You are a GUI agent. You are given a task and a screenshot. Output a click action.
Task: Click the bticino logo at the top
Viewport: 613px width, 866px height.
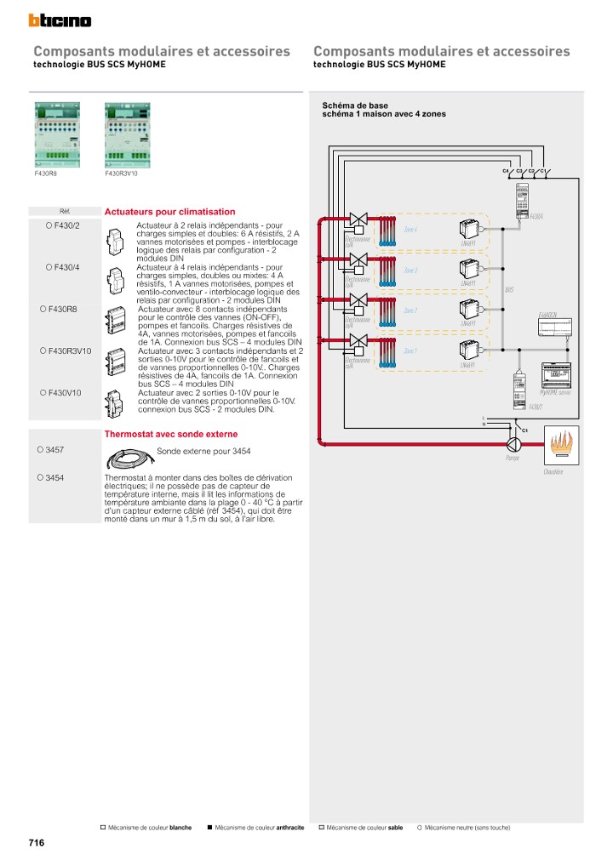click(60, 20)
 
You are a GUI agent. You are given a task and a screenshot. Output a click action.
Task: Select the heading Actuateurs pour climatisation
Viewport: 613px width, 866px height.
click(169, 212)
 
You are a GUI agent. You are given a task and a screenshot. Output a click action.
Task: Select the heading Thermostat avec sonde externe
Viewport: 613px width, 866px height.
click(171, 434)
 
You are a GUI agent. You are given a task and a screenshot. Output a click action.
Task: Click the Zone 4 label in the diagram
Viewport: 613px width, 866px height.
click(410, 230)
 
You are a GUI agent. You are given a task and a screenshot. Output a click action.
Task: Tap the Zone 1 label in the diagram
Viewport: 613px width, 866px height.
click(410, 350)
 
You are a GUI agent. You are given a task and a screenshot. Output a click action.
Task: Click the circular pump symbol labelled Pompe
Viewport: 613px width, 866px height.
click(512, 445)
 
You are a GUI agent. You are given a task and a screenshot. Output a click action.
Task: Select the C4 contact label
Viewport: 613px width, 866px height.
click(505, 171)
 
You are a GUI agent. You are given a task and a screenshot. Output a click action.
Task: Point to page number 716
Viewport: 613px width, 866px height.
click(37, 842)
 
